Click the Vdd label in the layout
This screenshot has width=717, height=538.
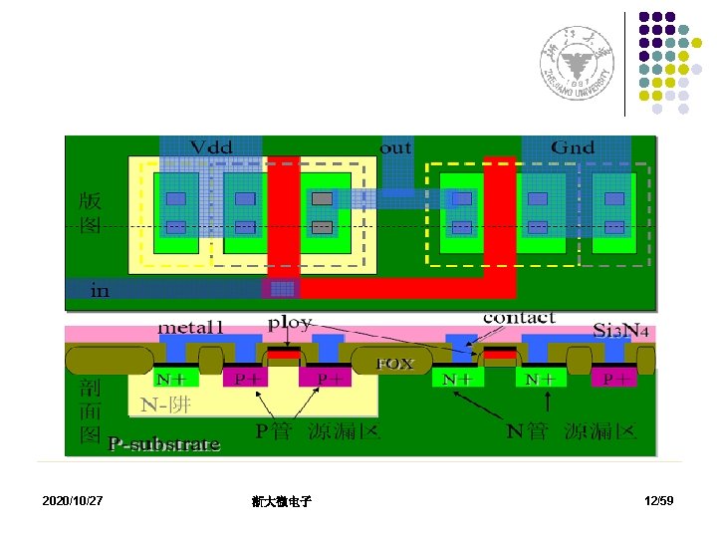pyautogui.click(x=211, y=147)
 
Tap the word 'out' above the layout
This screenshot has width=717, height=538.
pyautogui.click(x=395, y=146)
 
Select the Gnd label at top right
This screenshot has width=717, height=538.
pyautogui.click(x=573, y=147)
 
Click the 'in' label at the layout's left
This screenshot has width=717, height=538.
pyautogui.click(x=100, y=291)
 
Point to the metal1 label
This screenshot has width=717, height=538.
pyautogui.click(x=192, y=327)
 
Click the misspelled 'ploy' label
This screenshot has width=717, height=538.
pyautogui.click(x=290, y=324)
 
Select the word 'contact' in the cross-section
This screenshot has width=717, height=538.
pyautogui.click(x=519, y=318)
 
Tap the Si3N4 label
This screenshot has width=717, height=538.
pyautogui.click(x=623, y=329)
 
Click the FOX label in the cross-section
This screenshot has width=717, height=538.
pyautogui.click(x=393, y=365)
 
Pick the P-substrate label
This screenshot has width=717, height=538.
pyautogui.click(x=164, y=444)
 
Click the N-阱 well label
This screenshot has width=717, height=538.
pyautogui.click(x=165, y=405)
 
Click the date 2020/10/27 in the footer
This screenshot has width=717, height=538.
pyautogui.click(x=73, y=499)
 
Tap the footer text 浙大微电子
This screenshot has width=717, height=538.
pyautogui.click(x=282, y=501)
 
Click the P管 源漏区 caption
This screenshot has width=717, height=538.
pyautogui.click(x=318, y=431)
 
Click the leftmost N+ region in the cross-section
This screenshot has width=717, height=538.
pyautogui.click(x=176, y=379)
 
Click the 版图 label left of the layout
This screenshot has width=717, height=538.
pyautogui.click(x=90, y=212)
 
